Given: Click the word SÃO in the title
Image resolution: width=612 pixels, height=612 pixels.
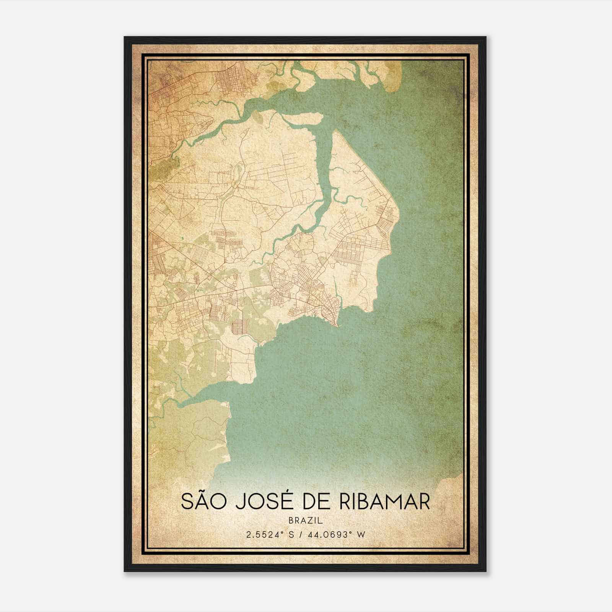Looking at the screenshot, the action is click(204, 501).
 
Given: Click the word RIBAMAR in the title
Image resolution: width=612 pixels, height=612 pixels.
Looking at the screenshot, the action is click(384, 501).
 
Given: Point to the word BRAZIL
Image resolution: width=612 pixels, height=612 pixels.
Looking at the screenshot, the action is click(306, 520).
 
